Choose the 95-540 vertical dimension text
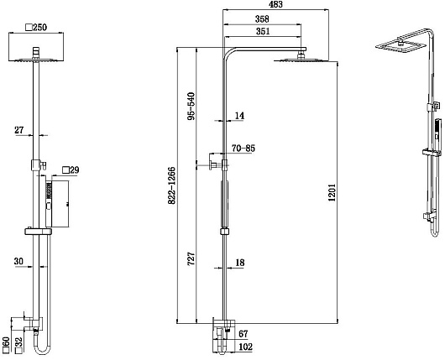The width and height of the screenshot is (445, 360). coord(191,105)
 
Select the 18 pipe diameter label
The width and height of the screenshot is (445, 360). coord(241,263)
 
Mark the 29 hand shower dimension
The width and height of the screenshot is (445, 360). coord(72,170)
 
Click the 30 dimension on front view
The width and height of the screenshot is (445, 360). coord(19,260)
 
